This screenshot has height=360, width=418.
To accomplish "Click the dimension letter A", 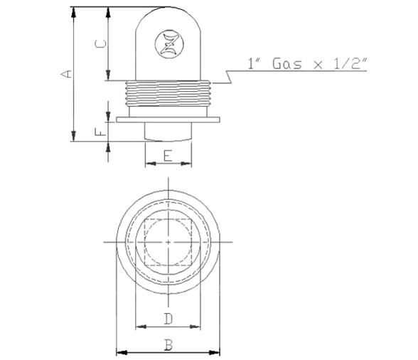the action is pyautogui.click(x=66, y=74).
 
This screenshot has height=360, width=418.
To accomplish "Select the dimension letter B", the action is pyautogui.click(x=168, y=345).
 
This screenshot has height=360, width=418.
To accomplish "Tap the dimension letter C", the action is pyautogui.click(x=101, y=44).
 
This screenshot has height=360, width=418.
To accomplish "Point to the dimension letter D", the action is pyautogui.click(x=168, y=319).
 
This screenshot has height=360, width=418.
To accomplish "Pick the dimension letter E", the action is pyautogui.click(x=168, y=156).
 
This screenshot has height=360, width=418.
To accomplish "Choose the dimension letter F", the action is pyautogui.click(x=100, y=132).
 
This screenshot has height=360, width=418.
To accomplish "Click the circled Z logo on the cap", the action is pyautogui.click(x=169, y=44).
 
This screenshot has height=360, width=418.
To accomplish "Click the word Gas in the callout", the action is pyautogui.click(x=287, y=64).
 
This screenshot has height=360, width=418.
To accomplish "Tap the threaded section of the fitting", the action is pyautogui.click(x=168, y=94).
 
